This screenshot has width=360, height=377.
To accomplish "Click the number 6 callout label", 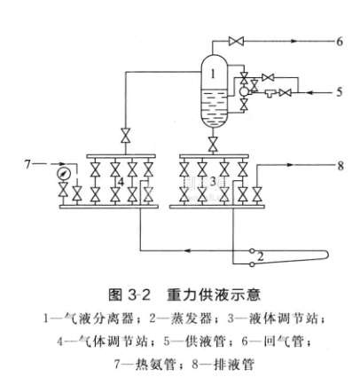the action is pos(340,42).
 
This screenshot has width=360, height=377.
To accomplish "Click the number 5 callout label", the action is pos(340,92).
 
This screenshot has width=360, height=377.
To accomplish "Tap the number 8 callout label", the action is pos(340,166).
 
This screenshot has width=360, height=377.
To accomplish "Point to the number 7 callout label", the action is pos(27,164).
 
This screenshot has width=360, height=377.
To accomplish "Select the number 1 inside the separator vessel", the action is pos(213,74).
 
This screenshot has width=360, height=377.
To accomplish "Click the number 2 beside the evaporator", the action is pos(261,256).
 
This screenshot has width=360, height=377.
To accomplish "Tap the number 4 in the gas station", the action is pos(121,182).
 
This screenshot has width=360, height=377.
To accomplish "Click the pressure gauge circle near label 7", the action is pos(63,174).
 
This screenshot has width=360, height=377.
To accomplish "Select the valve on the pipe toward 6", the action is pos(236,41).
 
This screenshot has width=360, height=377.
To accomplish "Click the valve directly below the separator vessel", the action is pos(213,145).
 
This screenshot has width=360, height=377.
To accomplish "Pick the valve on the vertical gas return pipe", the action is pos(126,136).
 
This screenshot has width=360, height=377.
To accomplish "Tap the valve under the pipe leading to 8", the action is pos(256,194).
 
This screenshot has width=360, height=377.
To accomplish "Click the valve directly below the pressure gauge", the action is pos(63,190).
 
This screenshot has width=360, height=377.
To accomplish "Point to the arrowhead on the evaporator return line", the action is pos(188,251).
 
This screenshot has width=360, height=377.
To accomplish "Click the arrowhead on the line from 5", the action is pos(309,92).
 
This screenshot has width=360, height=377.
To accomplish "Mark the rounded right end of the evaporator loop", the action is pos(326,255).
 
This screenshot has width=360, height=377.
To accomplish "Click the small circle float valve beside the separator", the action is pos(244,91).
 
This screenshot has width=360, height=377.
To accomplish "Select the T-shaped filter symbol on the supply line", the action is pos(270,93).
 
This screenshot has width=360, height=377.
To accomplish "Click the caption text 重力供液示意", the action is pos(214,295).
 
